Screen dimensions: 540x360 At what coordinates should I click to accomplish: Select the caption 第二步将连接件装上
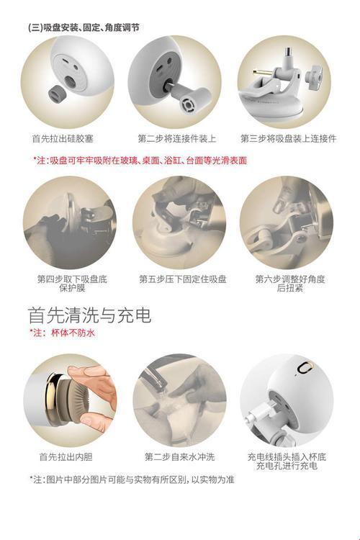tap(177, 138)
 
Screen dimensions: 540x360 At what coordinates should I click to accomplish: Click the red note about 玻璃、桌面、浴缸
tap(140, 161)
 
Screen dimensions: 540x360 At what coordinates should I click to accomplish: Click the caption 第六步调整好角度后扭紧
tap(287, 282)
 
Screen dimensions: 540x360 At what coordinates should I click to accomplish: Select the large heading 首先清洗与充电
tap(89, 315)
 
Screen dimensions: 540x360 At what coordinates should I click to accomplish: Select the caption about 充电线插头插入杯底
tap(285, 461)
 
